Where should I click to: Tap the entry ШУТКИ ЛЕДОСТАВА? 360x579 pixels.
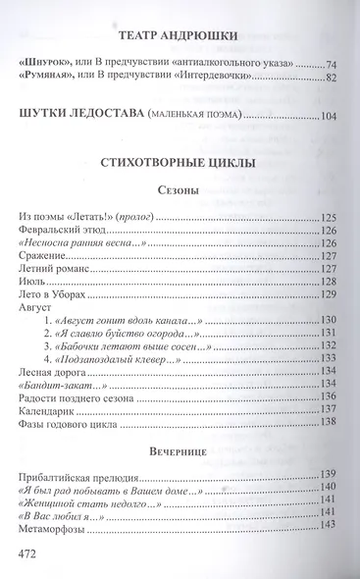79,117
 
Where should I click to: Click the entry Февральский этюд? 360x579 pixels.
63,230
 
